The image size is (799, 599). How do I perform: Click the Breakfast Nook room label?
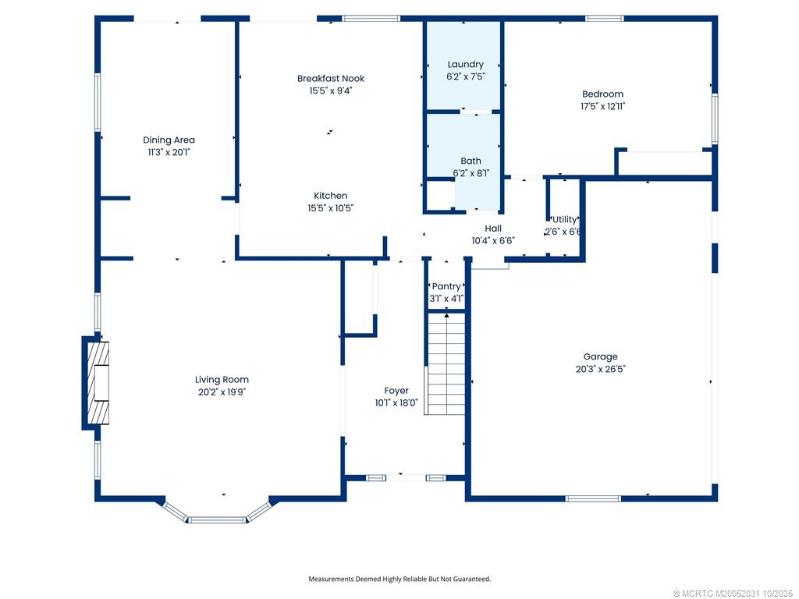330,78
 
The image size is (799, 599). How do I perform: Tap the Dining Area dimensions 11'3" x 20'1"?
169,153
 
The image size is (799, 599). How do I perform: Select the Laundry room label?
465,64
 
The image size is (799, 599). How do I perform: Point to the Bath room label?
471,161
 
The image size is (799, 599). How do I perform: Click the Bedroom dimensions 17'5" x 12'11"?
602,107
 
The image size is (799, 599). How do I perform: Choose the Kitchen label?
330,196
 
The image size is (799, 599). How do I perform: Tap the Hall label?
492,229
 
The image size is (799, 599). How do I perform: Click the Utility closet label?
564,219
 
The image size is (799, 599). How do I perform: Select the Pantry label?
446,286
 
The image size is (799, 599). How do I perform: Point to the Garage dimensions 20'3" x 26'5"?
600,370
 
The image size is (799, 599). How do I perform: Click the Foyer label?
396,391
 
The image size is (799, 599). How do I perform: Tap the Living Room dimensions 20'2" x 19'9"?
222,392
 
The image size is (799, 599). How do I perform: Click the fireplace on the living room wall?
97,382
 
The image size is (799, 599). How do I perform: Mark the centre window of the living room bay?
218,519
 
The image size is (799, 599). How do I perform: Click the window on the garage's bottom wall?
593,498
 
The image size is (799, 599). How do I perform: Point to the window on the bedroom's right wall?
714,119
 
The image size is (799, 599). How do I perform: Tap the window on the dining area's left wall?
98,101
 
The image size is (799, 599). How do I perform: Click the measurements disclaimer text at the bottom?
399,579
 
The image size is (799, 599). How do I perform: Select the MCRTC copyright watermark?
733,593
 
